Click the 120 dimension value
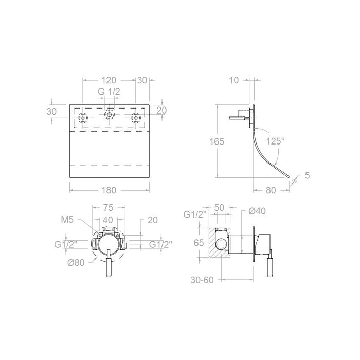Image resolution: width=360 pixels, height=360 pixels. click(109, 80)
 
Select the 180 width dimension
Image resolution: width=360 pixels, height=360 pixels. click(109, 190)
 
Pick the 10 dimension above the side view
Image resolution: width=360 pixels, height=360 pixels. click(235, 80)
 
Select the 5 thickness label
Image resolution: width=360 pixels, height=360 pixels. click(307, 176)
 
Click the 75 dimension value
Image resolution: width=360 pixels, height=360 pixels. click(109, 208)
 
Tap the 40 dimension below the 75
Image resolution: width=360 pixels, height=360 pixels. click(109, 220)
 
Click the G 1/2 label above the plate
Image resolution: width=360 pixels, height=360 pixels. click(109, 92)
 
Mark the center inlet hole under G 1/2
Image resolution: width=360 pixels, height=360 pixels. click(109, 116)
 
